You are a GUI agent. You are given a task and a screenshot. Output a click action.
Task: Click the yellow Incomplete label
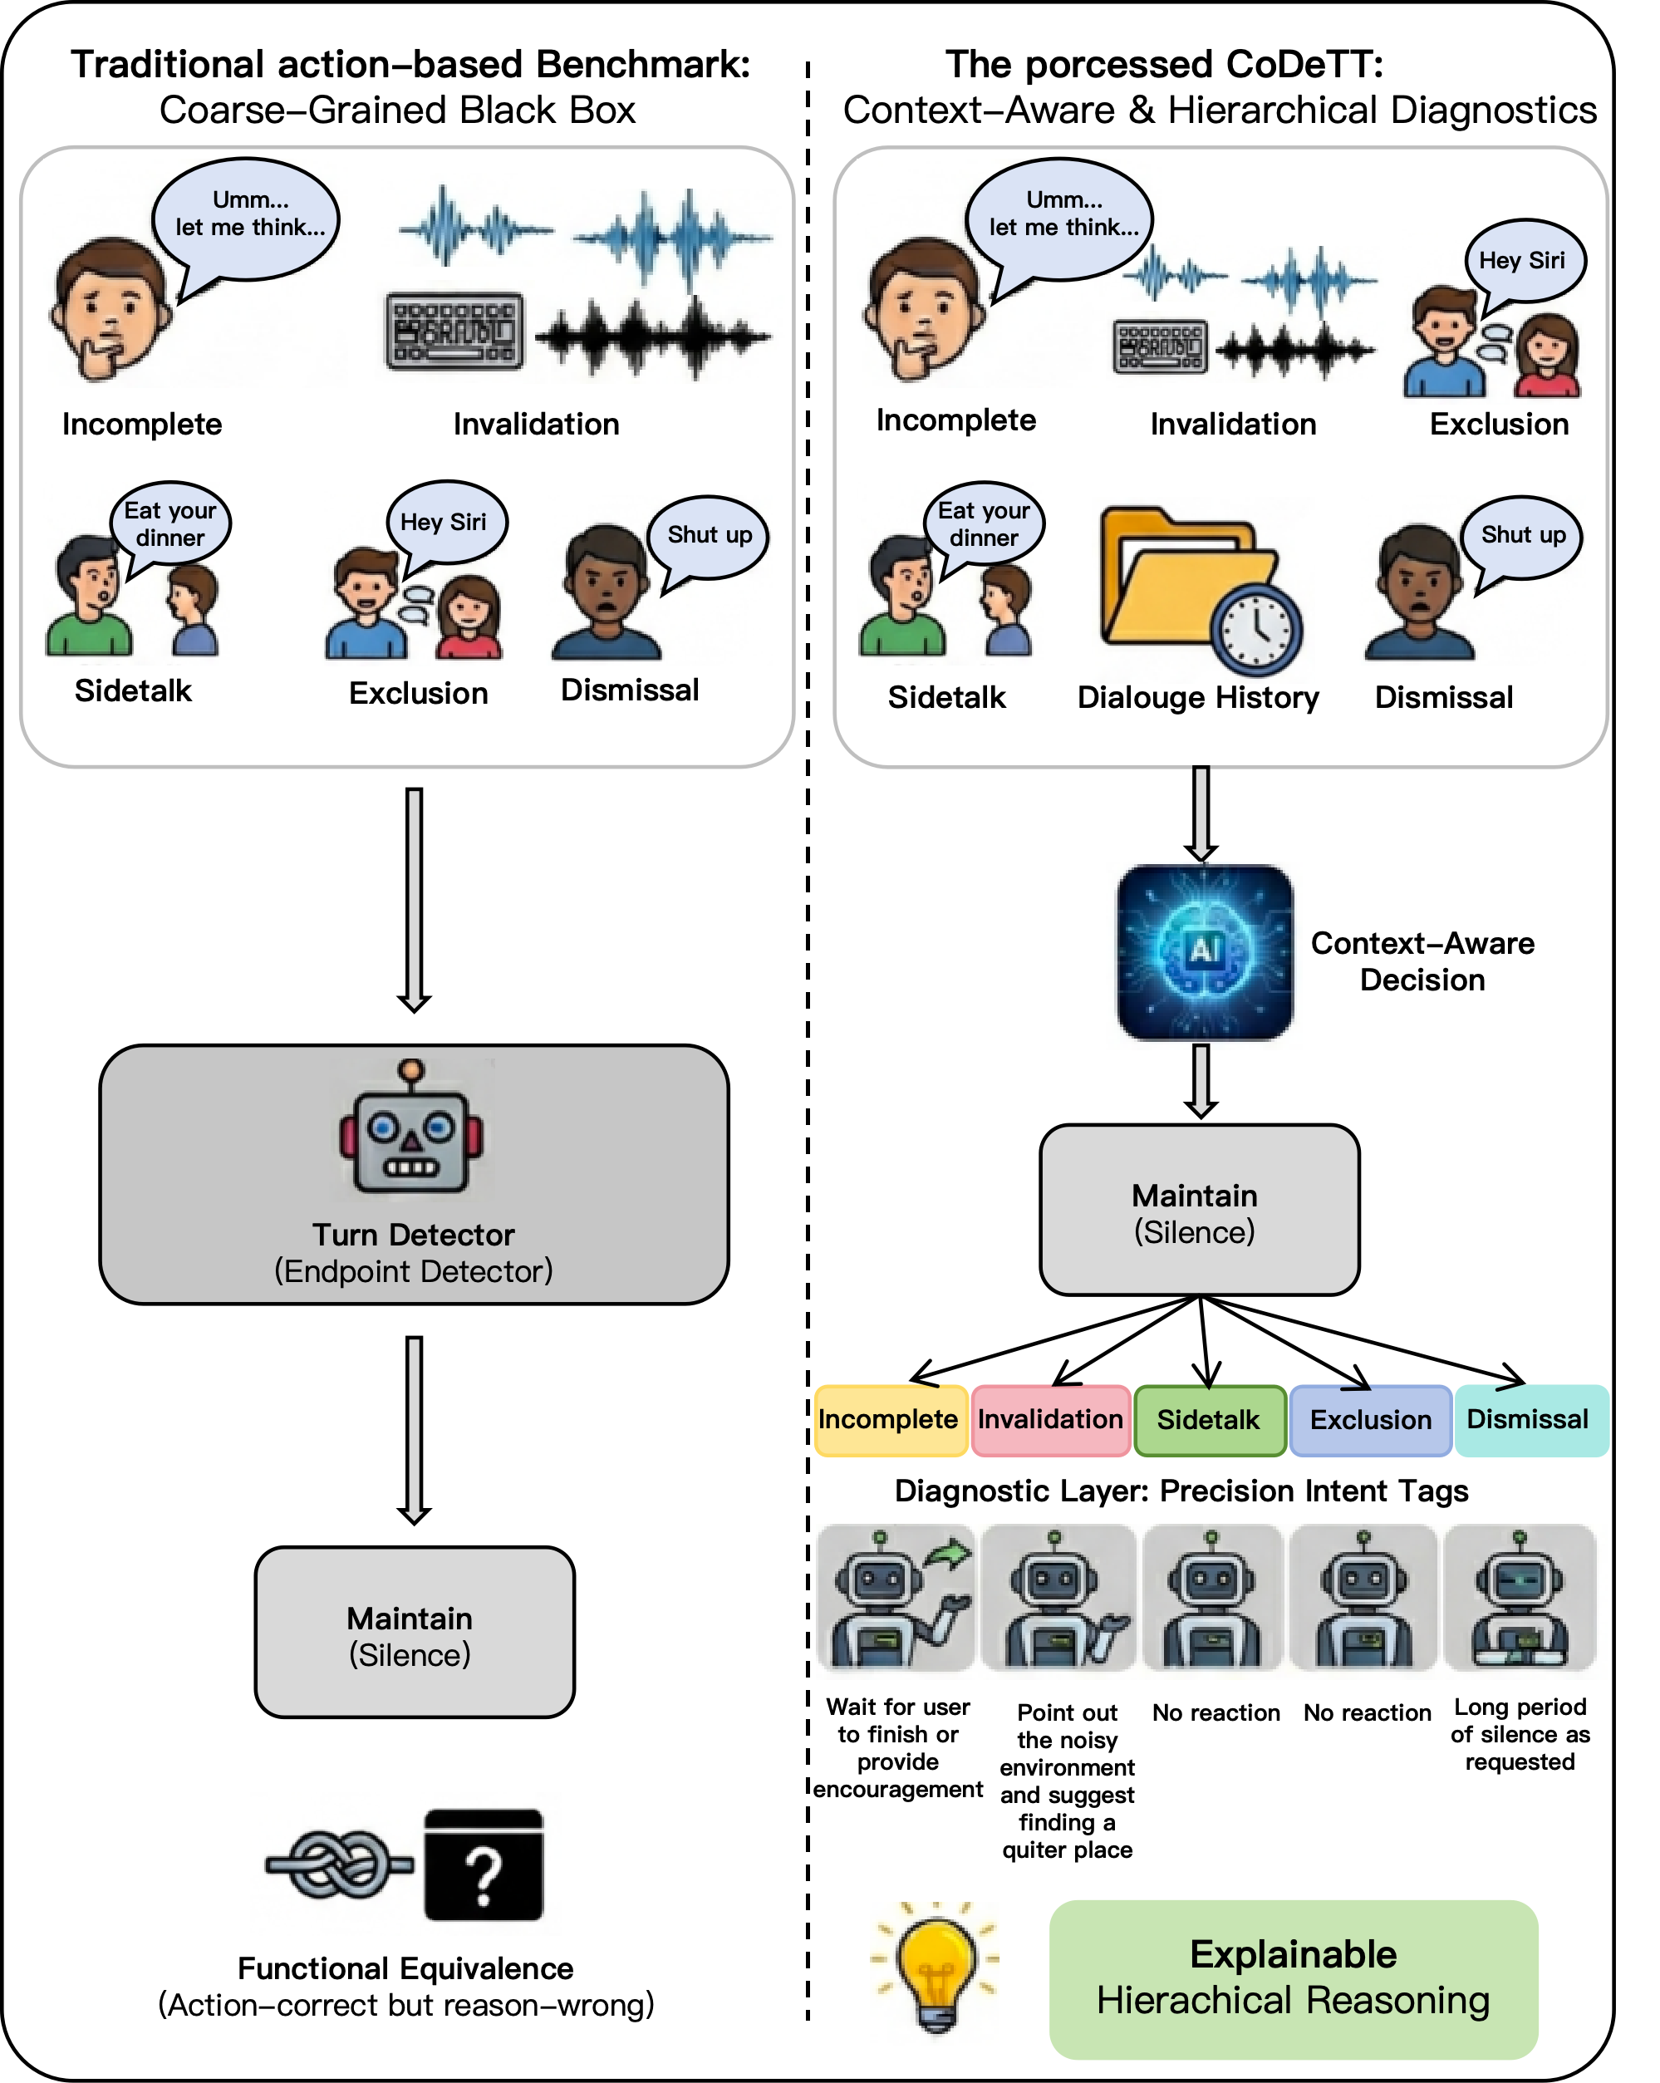[890, 1420]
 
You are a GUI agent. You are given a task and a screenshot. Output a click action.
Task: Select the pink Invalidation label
[1050, 1420]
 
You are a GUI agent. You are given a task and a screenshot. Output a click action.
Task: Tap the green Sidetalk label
[1209, 1420]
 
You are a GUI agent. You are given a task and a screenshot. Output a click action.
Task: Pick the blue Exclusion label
[1370, 1420]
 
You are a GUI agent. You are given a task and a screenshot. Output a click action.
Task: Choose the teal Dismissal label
[1530, 1420]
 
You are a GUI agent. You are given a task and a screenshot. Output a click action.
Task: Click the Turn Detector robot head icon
[411, 1129]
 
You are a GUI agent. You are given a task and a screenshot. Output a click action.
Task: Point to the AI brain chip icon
[1204, 953]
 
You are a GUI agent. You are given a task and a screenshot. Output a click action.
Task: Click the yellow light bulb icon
[935, 1972]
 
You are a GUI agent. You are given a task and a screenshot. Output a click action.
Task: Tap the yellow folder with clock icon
[1202, 589]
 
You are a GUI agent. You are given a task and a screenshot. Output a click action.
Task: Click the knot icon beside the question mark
[338, 1864]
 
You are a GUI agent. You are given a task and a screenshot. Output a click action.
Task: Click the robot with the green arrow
[896, 1601]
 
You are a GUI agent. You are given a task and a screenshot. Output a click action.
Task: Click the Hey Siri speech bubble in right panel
[1522, 262]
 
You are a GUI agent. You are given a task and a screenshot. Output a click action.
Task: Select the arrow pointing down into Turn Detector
[414, 898]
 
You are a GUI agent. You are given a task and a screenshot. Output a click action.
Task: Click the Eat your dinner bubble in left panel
[170, 523]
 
